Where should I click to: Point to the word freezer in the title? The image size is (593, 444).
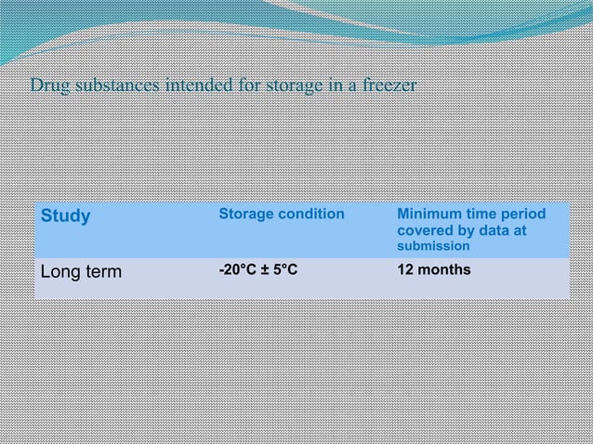pyautogui.click(x=390, y=86)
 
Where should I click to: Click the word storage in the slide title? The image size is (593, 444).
pyautogui.click(x=295, y=86)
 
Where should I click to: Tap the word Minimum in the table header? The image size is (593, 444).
pyautogui.click(x=426, y=214)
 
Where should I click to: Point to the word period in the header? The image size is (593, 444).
pyautogui.click(x=524, y=214)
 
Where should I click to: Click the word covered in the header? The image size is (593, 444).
pyautogui.click(x=424, y=230)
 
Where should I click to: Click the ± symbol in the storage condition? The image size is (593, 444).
pyautogui.click(x=265, y=270)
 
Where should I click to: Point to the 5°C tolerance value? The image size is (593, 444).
pyautogui.click(x=284, y=270)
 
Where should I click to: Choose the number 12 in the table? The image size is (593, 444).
pyautogui.click(x=404, y=270)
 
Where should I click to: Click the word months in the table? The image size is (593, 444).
pyautogui.click(x=443, y=270)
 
